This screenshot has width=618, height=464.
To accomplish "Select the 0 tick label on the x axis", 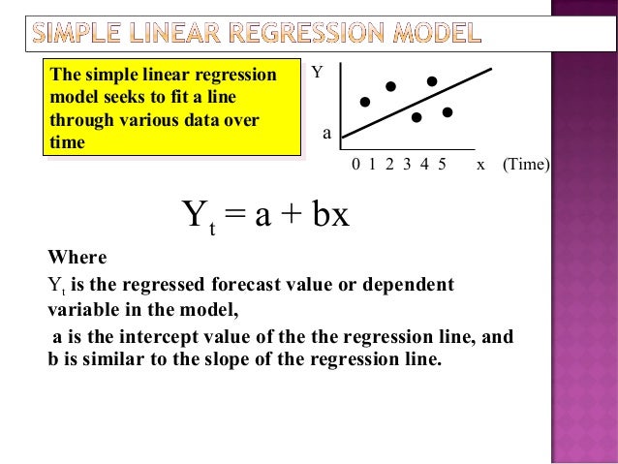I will [x=355, y=165].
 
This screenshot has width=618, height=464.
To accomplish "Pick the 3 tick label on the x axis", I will [x=407, y=165].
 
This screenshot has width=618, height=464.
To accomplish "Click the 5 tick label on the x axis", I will [x=442, y=165].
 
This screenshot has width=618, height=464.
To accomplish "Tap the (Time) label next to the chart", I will [x=526, y=165].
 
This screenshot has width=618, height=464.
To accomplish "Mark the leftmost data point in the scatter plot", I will [x=365, y=101].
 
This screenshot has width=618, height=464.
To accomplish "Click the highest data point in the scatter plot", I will [x=432, y=80].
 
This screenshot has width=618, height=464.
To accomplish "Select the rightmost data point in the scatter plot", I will [x=448, y=112].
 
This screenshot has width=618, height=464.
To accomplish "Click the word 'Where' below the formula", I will [x=77, y=259].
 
